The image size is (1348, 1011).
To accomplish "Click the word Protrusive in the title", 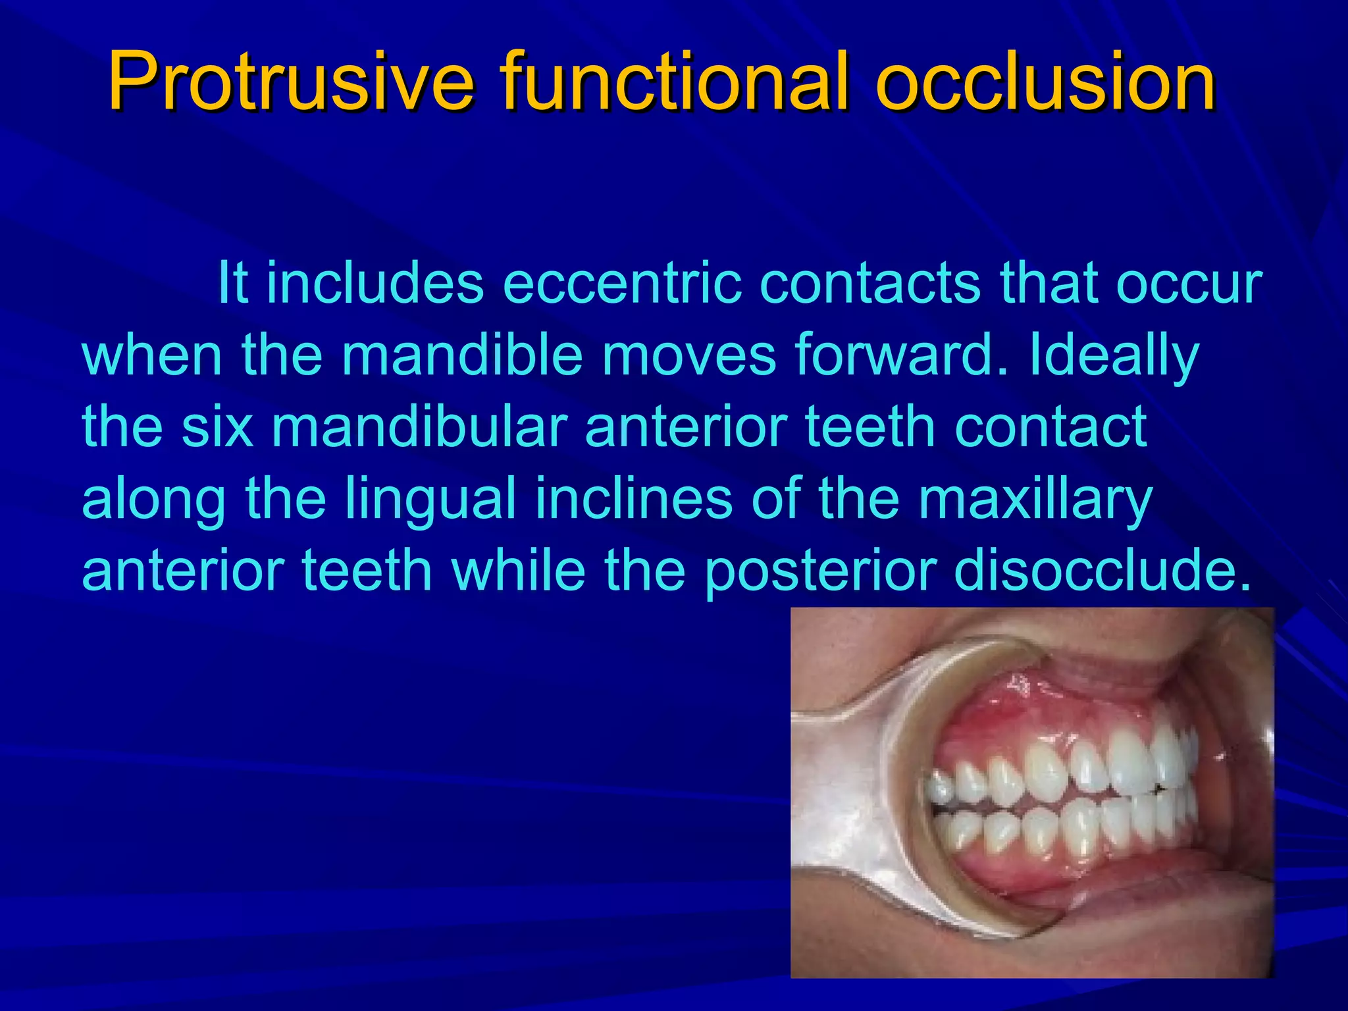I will pos(290,82).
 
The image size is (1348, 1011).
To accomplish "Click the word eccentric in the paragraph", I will pos(622,283).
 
